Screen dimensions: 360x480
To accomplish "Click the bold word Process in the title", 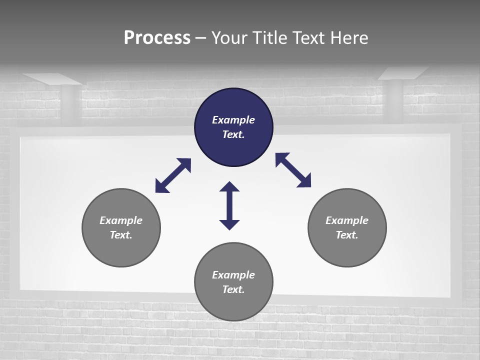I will (x=157, y=38).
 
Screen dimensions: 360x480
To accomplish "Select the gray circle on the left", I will (x=121, y=250).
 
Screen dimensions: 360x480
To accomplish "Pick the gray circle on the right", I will (x=347, y=250).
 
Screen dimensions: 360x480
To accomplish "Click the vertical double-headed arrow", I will (x=229, y=205).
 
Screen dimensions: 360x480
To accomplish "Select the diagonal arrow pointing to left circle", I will (x=173, y=175).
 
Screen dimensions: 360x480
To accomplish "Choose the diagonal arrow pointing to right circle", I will (x=293, y=170).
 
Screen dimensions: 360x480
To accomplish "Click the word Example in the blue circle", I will (x=233, y=120).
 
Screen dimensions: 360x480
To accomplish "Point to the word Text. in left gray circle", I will (x=121, y=235).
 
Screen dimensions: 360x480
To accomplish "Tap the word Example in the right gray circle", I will (x=347, y=220).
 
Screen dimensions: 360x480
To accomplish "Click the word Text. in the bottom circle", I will (x=233, y=289).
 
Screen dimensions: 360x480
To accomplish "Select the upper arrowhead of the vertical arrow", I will (x=229, y=187).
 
